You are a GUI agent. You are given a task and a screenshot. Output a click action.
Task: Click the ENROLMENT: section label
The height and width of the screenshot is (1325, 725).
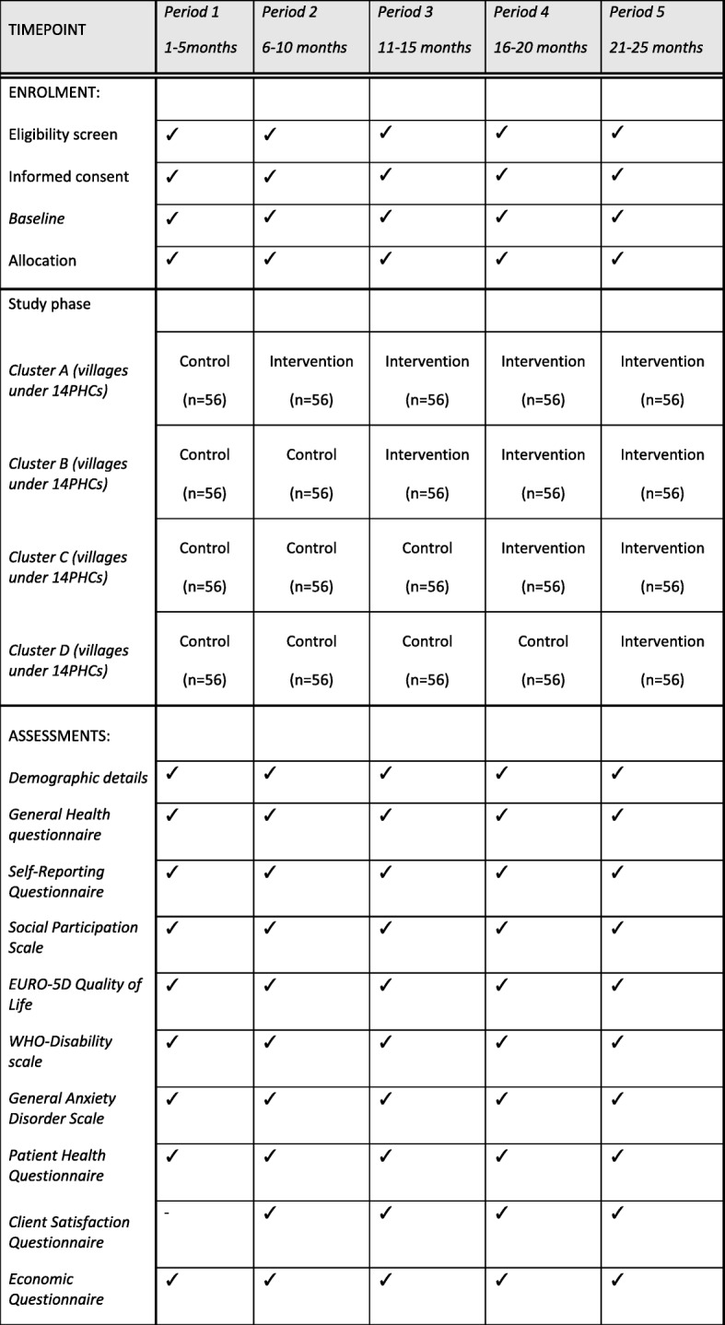pyautogui.click(x=52, y=94)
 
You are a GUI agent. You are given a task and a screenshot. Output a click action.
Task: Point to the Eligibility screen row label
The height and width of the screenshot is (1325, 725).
pyautogui.click(x=63, y=135)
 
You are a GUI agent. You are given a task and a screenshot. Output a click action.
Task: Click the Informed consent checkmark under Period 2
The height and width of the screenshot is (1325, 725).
pyautogui.click(x=269, y=175)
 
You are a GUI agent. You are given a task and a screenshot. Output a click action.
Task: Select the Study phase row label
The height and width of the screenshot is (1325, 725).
pyautogui.click(x=51, y=304)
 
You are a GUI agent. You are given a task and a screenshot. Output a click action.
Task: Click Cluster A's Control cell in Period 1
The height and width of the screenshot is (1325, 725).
pyautogui.click(x=205, y=379)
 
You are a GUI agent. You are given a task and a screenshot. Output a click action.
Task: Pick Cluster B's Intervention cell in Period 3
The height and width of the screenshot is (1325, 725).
pyautogui.click(x=427, y=473)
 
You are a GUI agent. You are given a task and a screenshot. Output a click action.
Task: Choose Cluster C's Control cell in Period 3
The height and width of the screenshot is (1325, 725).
pyautogui.click(x=427, y=566)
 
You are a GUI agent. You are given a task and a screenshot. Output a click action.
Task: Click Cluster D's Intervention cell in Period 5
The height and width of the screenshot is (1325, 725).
pyautogui.click(x=662, y=659)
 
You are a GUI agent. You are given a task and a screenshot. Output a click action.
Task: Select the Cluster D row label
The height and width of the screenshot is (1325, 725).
pyautogui.click(x=69, y=660)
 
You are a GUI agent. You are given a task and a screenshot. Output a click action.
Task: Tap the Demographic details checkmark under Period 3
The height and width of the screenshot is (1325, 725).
pyautogui.click(x=385, y=772)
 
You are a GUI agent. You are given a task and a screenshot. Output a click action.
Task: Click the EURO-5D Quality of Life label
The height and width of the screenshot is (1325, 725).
pyautogui.click(x=76, y=994)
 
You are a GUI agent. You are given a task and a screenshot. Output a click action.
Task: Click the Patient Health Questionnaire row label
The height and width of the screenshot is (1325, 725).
pyautogui.click(x=57, y=1166)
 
